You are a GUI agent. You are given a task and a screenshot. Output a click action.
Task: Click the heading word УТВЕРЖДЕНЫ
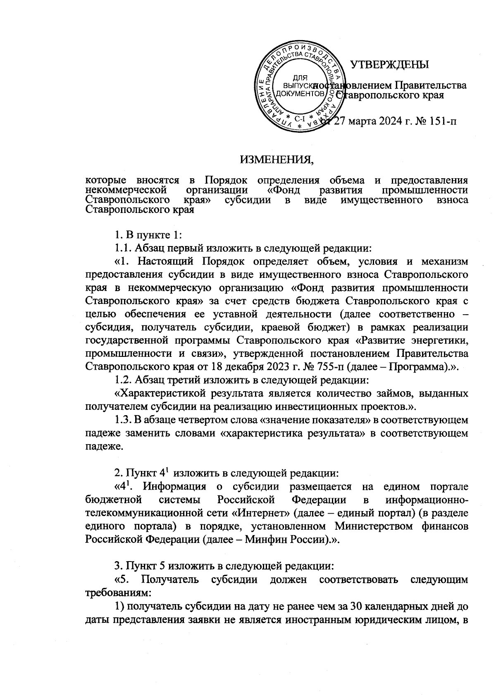tap(389, 65)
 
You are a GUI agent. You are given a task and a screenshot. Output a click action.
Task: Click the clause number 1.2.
tap(124, 378)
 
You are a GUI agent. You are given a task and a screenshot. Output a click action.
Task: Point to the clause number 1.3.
tap(124, 421)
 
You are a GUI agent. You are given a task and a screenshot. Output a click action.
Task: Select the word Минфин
tap(263, 540)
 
